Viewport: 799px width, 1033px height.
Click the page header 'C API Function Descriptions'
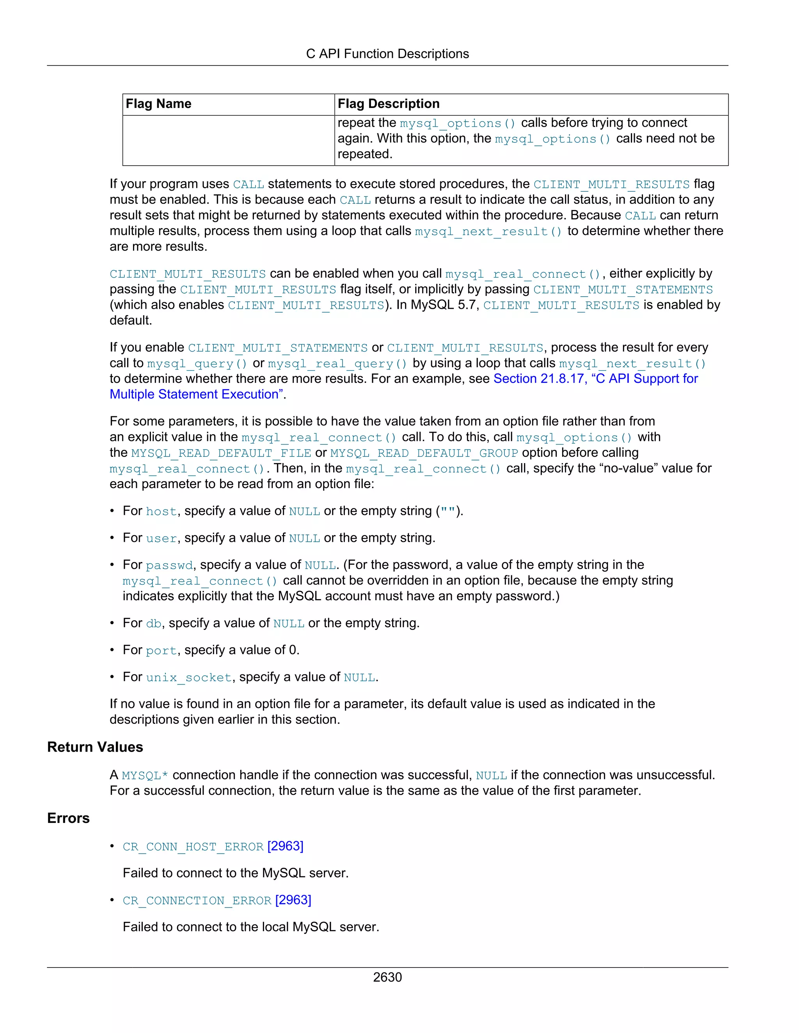point(387,54)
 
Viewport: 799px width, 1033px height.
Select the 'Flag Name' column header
point(158,104)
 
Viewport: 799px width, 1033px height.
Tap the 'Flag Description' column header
point(388,104)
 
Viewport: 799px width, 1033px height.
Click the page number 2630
point(387,977)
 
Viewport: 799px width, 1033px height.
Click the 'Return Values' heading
point(95,747)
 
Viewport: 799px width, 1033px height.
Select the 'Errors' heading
point(68,819)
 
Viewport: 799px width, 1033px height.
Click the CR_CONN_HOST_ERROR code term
point(193,847)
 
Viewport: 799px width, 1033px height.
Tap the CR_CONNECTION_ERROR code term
point(197,900)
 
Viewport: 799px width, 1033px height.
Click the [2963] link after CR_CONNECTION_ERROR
point(293,900)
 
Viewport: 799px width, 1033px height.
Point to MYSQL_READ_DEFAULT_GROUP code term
point(424,453)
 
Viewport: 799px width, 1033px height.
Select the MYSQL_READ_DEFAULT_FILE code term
point(221,453)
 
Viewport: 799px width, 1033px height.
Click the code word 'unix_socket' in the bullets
point(189,678)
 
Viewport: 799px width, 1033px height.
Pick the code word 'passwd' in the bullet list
point(169,566)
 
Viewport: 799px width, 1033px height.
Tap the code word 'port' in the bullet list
point(162,651)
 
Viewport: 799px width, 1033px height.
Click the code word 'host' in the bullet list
point(162,512)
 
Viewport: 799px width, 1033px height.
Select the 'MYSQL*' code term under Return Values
point(145,776)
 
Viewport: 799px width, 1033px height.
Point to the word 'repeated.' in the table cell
point(364,155)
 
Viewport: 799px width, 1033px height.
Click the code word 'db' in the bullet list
point(154,624)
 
